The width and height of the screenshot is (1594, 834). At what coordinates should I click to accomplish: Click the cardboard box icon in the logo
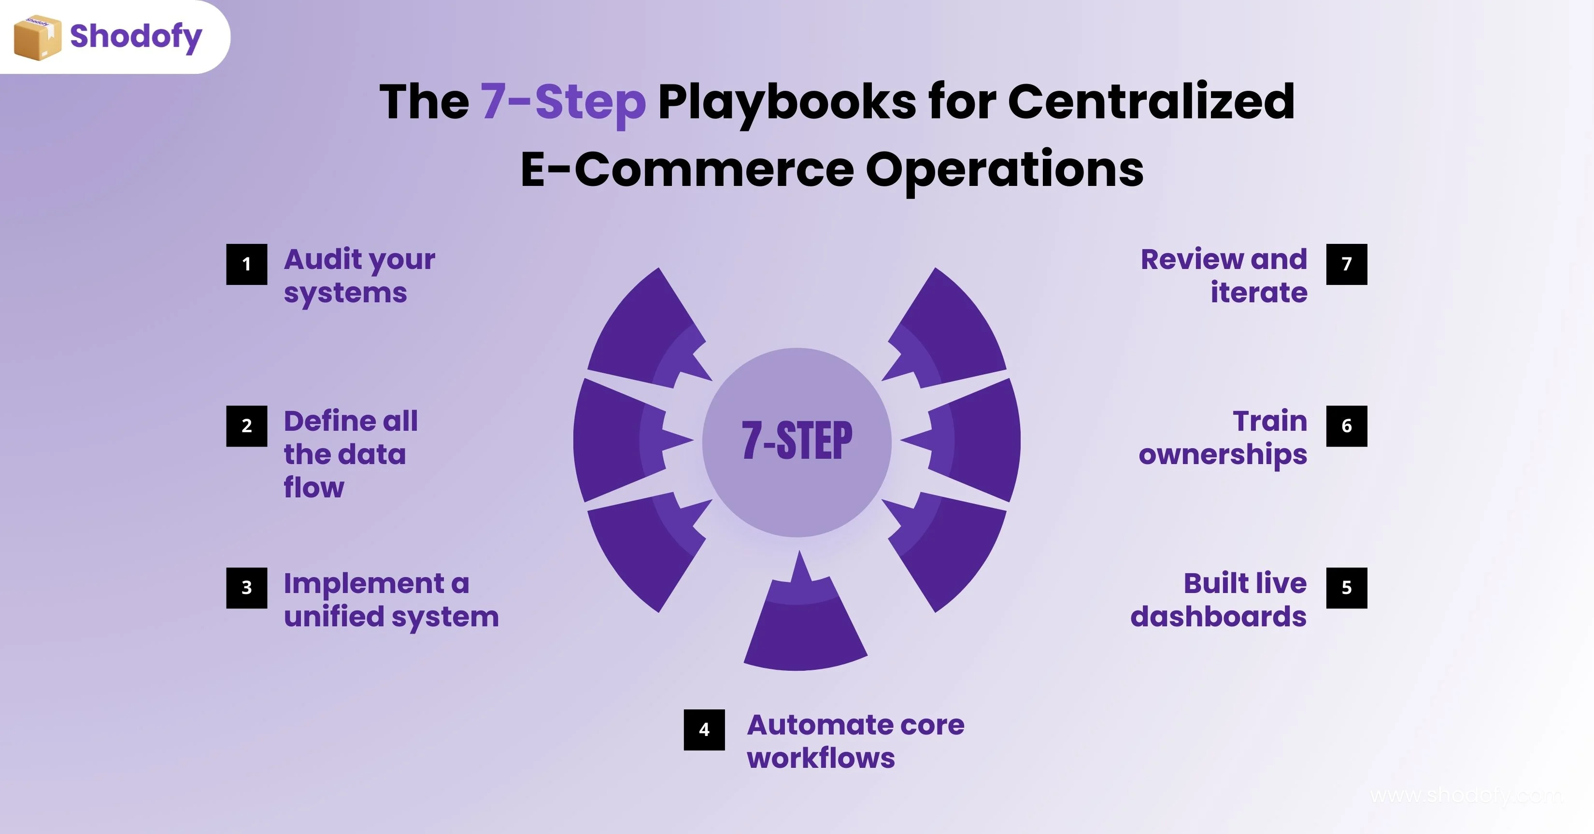(x=37, y=38)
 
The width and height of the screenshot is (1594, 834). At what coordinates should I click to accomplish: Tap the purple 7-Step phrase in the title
(x=563, y=102)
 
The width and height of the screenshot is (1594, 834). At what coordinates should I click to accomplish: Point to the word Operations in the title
(x=1004, y=170)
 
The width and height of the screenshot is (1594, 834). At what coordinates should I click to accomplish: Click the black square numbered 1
(x=247, y=264)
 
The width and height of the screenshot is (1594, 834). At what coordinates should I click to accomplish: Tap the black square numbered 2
(x=247, y=425)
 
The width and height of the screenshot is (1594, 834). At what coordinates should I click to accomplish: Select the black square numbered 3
(x=247, y=588)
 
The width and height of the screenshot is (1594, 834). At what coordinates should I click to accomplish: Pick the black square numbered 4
(x=704, y=730)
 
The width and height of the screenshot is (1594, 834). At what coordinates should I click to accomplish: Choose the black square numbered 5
(x=1347, y=588)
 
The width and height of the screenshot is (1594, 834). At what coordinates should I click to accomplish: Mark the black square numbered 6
(x=1347, y=425)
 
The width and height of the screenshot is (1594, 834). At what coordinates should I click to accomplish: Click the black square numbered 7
(x=1347, y=264)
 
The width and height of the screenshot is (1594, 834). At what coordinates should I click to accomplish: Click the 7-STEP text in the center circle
(x=797, y=441)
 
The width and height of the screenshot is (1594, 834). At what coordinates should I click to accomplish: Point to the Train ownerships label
(x=1223, y=438)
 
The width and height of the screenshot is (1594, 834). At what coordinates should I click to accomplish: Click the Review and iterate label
(x=1224, y=276)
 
